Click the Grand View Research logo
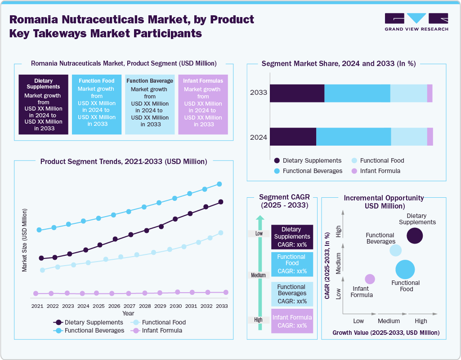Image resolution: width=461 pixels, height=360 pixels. point(416,22)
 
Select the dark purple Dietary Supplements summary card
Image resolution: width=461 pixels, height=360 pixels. point(43,104)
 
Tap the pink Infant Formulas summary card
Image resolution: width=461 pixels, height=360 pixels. point(203,104)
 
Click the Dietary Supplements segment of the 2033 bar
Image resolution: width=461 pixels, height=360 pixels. point(297,93)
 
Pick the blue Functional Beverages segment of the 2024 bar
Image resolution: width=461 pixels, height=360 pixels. point(354,137)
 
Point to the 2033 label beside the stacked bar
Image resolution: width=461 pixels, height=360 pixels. point(259,93)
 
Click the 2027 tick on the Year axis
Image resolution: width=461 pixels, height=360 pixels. point(129,306)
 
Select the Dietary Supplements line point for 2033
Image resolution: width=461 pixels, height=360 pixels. point(221,202)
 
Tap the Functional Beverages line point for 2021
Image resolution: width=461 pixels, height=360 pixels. point(39,230)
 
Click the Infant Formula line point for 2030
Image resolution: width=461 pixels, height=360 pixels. point(177,292)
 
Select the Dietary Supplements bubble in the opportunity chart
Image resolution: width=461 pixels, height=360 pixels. point(415,236)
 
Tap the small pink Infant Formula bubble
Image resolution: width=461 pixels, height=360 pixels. point(370,279)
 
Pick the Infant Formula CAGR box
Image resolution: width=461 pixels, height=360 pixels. point(292,321)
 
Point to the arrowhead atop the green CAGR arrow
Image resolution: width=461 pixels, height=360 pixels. point(259,218)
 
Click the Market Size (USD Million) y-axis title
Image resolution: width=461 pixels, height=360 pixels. point(25,240)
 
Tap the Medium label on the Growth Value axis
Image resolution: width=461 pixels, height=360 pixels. point(389,321)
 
